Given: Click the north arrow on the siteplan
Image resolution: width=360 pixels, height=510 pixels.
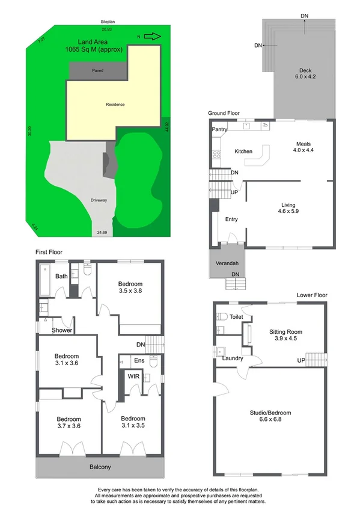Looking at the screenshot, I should [153, 37].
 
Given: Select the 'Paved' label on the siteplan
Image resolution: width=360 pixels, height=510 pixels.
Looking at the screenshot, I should [97, 71].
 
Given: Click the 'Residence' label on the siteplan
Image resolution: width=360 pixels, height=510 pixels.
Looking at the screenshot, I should [115, 105].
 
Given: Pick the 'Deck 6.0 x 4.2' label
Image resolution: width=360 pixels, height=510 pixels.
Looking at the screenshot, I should [305, 73].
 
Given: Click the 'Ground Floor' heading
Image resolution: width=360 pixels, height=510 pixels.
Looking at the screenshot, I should [224, 113].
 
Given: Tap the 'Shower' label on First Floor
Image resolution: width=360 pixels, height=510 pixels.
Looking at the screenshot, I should [62, 330].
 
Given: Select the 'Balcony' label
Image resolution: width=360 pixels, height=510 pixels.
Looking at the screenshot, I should [100, 467].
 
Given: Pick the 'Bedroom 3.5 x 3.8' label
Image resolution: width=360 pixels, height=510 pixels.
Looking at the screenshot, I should [130, 287].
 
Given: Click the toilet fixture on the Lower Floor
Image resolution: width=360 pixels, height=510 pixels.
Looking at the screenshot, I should [221, 317].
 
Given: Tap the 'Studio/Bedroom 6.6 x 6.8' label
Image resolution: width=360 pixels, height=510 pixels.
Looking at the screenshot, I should [270, 416].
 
